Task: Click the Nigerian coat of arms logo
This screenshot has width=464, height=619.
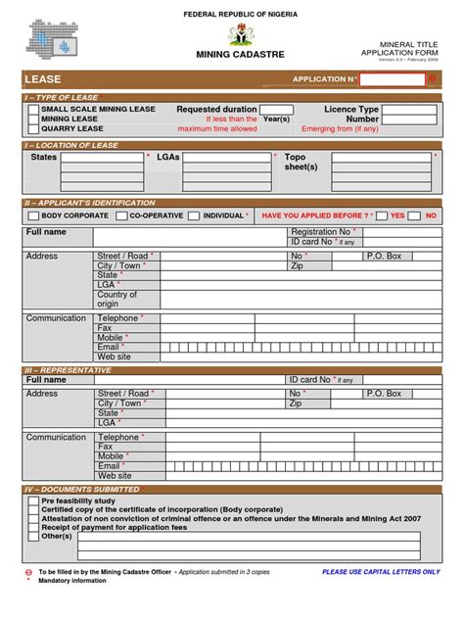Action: [240, 35]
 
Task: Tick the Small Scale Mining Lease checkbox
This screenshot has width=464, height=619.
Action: [34, 110]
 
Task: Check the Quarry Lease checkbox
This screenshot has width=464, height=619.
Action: [34, 128]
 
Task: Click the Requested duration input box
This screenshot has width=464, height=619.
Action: [276, 110]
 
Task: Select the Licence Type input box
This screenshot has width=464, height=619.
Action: [409, 110]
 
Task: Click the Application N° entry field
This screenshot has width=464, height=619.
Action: [393, 79]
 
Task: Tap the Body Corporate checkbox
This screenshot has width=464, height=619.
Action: [33, 214]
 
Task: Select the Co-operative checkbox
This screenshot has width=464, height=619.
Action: [121, 214]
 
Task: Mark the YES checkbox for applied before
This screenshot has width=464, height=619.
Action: [381, 214]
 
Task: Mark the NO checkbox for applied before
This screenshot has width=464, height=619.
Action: [416, 214]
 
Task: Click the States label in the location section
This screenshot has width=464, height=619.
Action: [44, 157]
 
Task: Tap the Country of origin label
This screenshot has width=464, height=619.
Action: [116, 299]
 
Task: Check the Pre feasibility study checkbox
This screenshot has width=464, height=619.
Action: [34, 500]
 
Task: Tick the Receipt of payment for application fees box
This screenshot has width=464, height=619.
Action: [34, 527]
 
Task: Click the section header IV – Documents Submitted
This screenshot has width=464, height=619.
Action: [83, 489]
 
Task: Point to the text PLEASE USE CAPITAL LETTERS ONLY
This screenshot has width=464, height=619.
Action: [381, 571]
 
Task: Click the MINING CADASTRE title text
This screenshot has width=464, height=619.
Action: [240, 55]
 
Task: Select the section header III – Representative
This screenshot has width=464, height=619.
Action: [69, 370]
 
